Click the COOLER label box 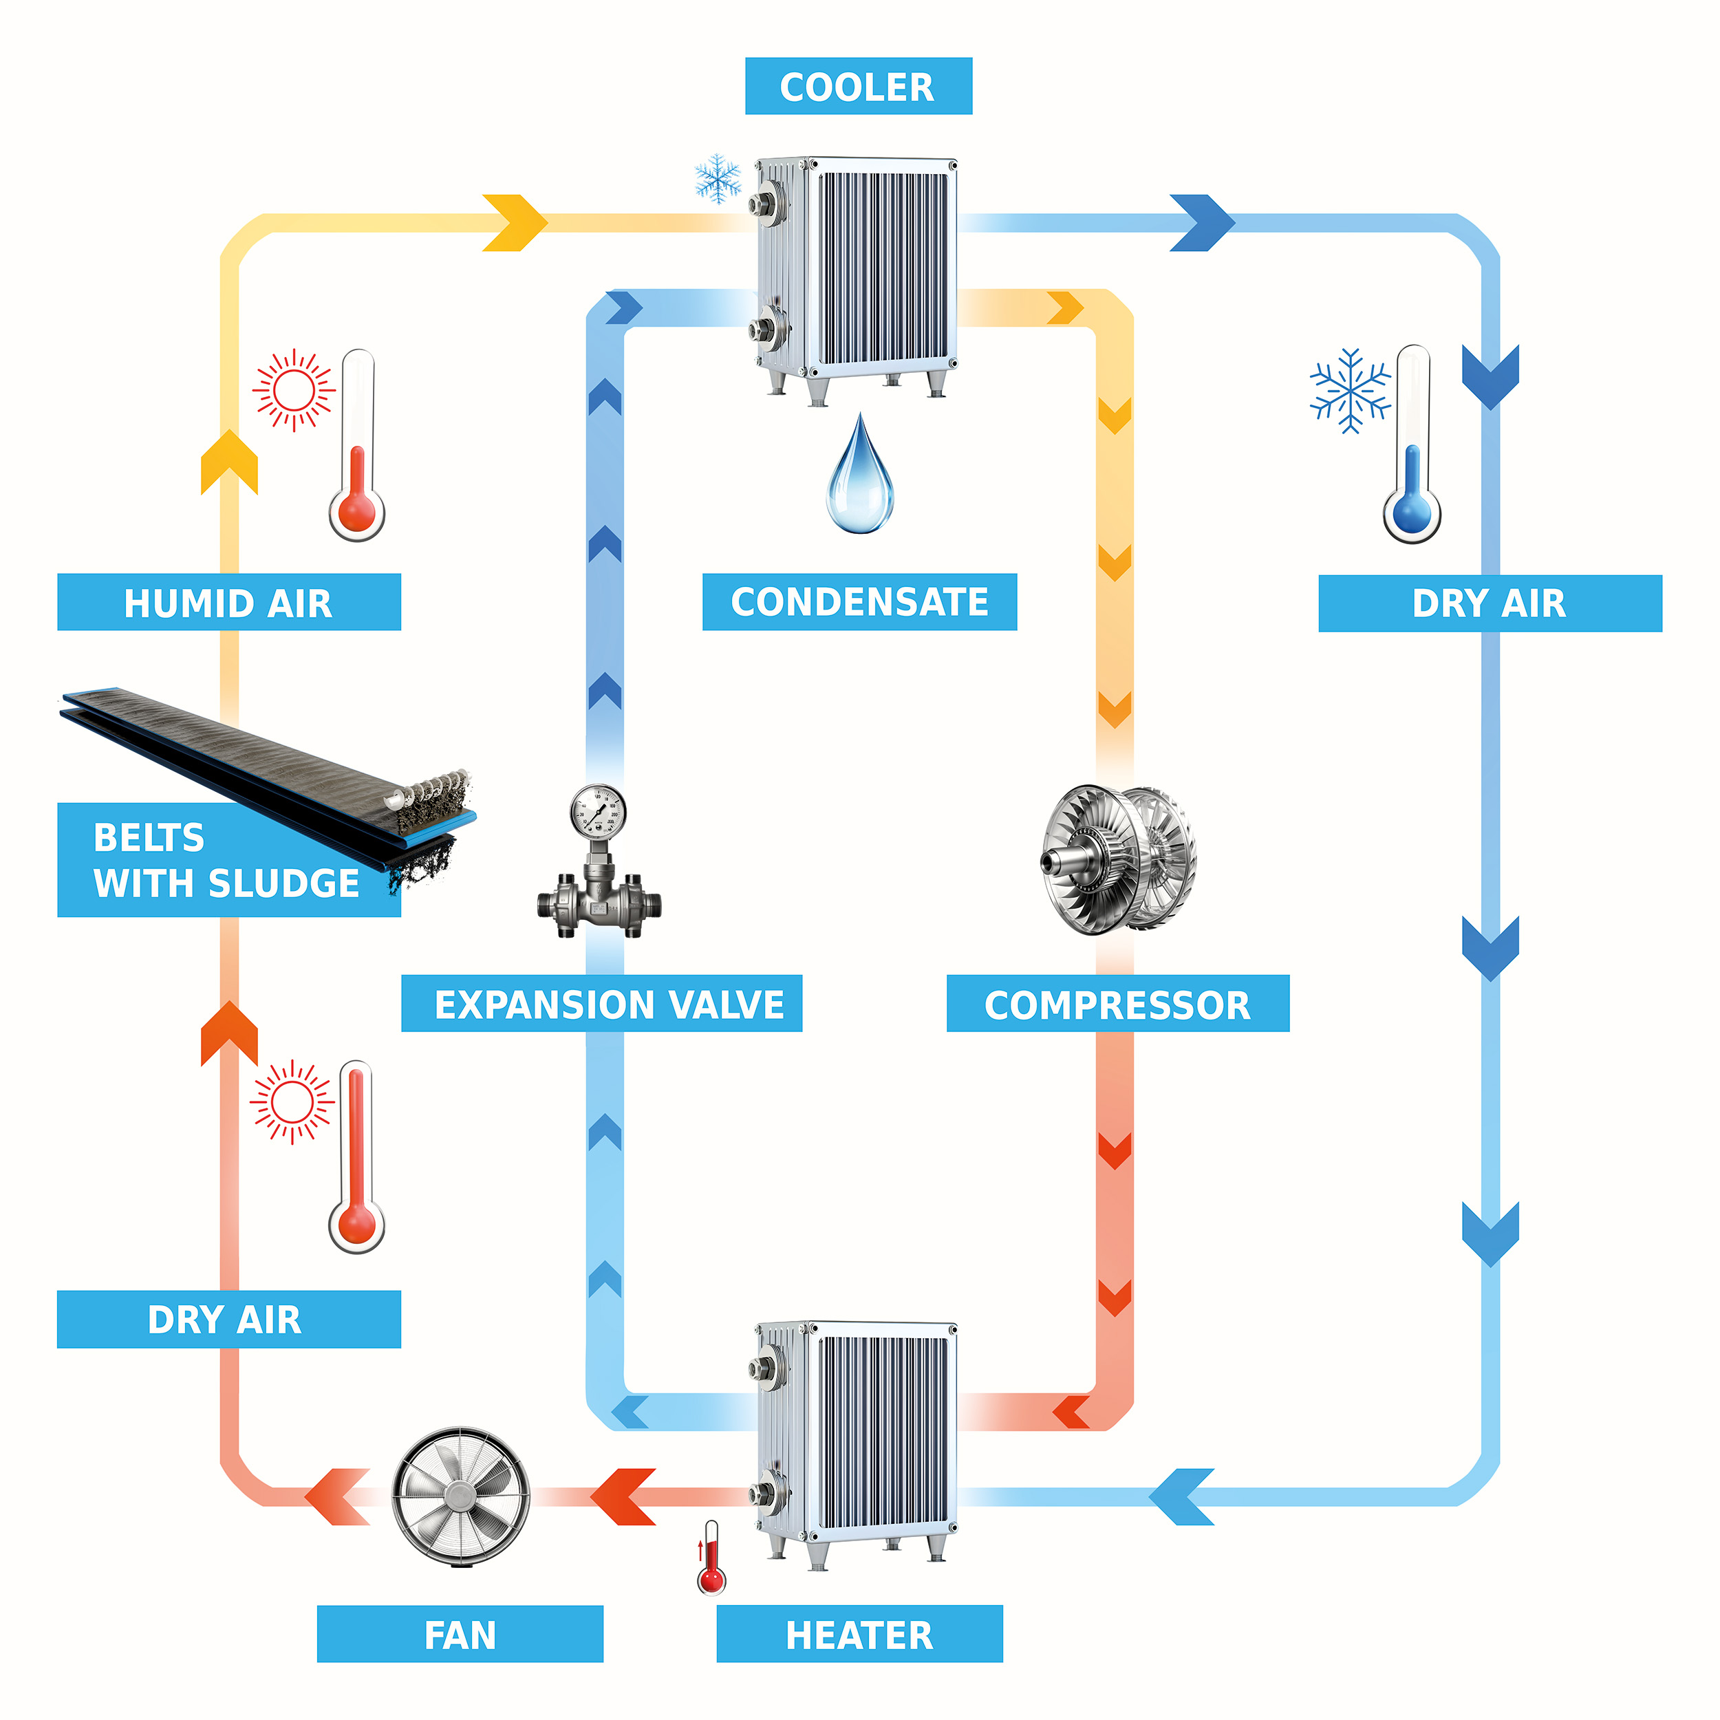857,87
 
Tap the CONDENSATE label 859,602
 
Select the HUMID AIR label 229,603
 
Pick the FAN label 460,1635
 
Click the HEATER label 859,1635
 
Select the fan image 460,1496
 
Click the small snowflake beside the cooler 718,178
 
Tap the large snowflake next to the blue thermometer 1351,391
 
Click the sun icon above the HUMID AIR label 294,390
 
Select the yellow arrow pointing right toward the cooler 515,222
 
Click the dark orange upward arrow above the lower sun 229,1033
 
